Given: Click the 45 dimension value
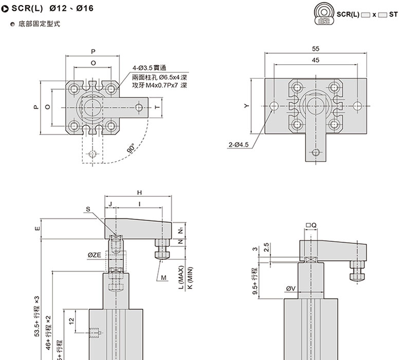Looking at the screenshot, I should [x=316, y=60].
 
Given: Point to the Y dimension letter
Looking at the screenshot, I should [x=247, y=105].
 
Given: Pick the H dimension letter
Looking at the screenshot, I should [x=139, y=192].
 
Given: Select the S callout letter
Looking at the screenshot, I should [x=88, y=209].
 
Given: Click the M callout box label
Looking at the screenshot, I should [x=164, y=277].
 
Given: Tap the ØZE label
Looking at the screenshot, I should [x=95, y=255].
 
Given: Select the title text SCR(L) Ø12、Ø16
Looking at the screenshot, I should [x=51, y=9].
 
